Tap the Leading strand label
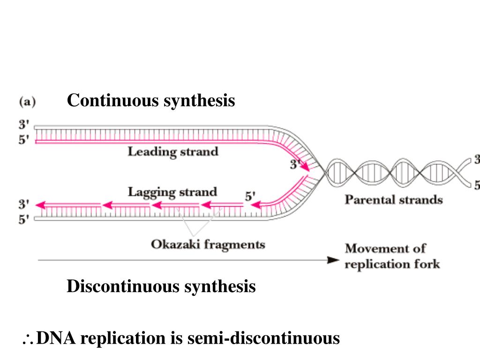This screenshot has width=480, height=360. click(x=173, y=152)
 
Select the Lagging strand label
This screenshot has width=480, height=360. click(x=172, y=192)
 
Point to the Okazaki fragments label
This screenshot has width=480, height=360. click(x=208, y=244)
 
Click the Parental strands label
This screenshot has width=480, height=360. click(x=394, y=200)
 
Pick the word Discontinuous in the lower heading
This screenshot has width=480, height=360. click(x=123, y=286)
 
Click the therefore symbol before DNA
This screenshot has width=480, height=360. click(x=27, y=338)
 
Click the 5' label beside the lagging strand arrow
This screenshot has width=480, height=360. click(x=251, y=196)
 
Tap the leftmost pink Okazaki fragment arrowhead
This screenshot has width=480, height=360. click(x=40, y=205)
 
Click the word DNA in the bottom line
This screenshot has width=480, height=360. click(x=56, y=338)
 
